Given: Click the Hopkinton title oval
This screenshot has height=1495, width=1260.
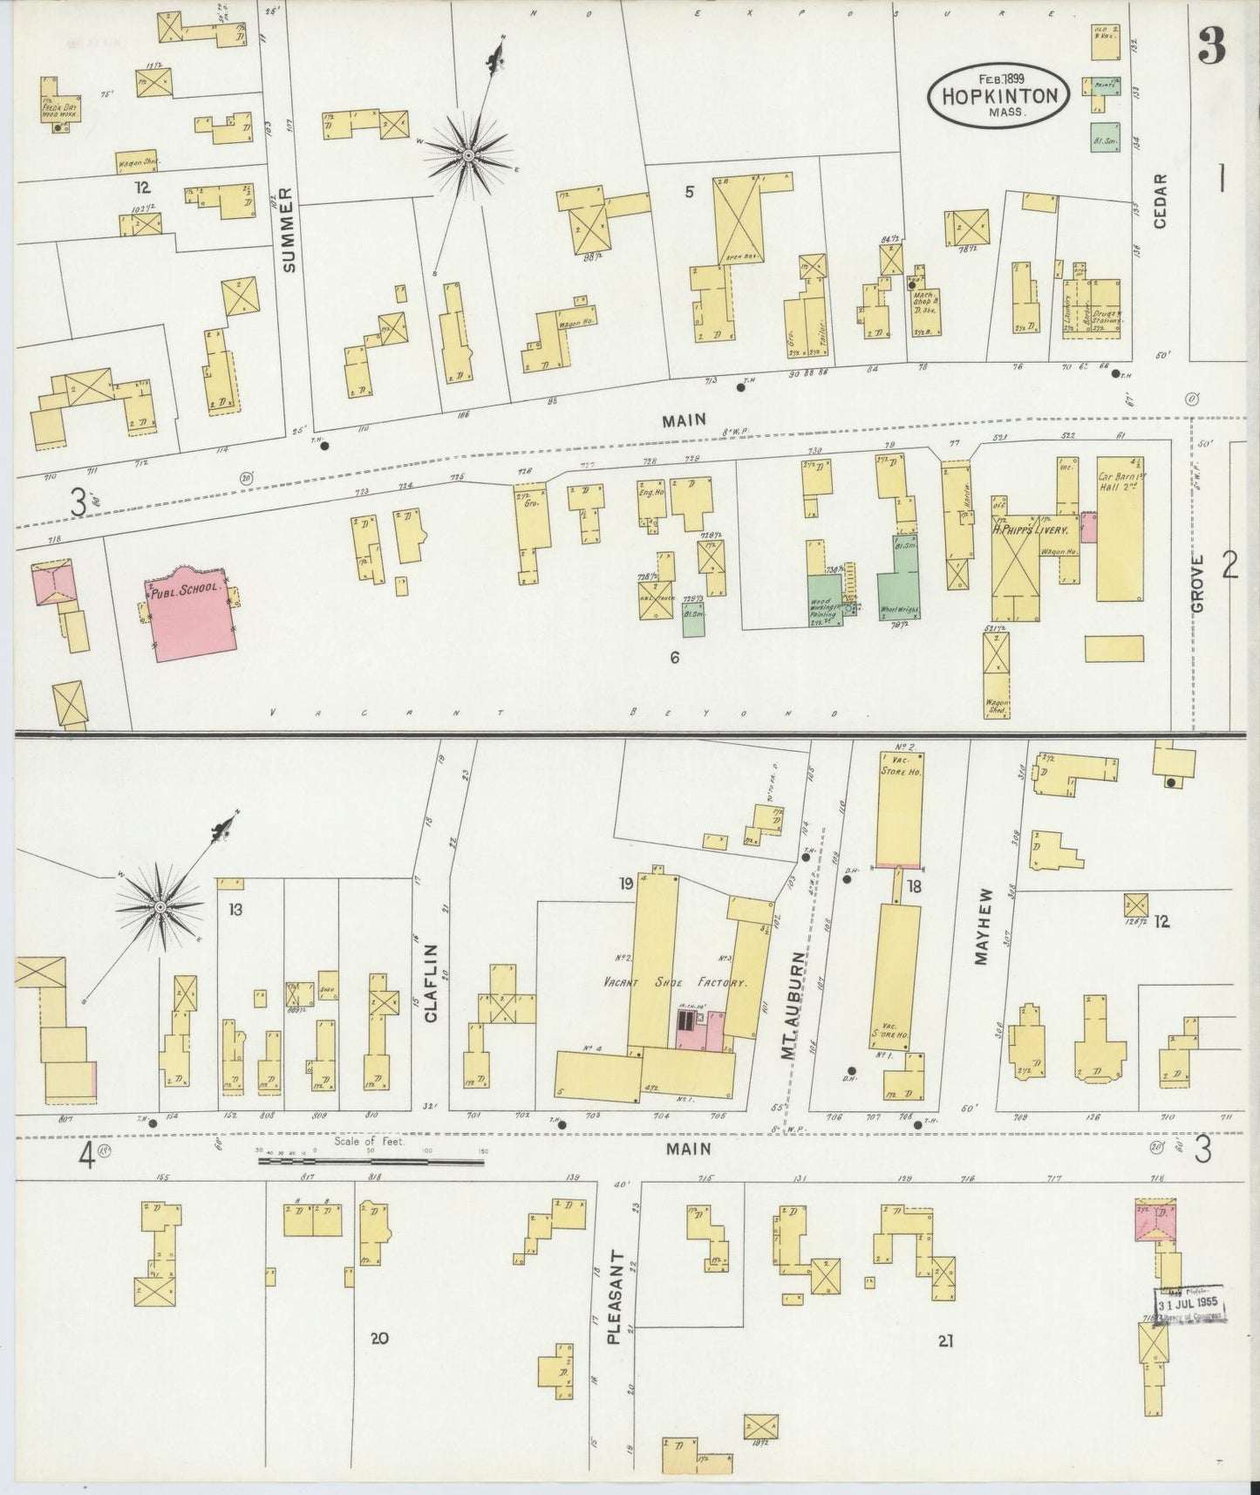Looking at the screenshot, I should coord(998,95).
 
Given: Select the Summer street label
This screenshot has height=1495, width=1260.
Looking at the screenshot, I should coord(289,229).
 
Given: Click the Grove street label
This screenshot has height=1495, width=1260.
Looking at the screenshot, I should coord(1197,584).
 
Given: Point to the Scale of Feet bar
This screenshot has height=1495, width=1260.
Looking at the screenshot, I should coord(371,1161).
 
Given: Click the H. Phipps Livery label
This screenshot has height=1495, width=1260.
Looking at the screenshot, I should coord(1035,529).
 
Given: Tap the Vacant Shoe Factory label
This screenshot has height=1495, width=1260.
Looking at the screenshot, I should coord(677,982).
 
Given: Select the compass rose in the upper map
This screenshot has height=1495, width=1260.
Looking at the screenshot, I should coord(468,155).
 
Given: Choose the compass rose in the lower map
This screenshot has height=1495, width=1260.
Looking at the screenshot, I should coord(161,909).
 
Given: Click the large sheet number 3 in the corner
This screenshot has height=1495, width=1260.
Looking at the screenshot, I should coord(1211,45).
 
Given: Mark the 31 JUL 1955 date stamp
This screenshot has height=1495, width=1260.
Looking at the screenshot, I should coord(1190,1306).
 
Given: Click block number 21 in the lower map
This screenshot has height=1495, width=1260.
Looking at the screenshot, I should coord(945,1341).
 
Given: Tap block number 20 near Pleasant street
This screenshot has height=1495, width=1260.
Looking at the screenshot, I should coord(378,1338).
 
